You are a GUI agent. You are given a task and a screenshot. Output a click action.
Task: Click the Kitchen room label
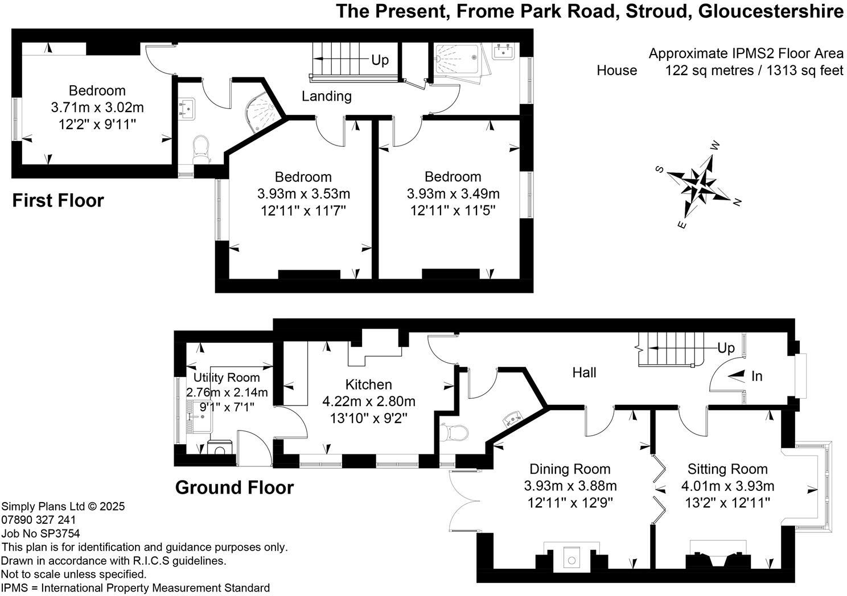(368, 385)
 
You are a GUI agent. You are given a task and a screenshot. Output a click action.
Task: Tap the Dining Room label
(570, 469)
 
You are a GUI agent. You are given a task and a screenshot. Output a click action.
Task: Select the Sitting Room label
(727, 469)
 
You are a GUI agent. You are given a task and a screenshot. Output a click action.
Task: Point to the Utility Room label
(227, 378)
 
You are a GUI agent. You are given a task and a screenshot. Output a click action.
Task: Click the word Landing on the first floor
(326, 96)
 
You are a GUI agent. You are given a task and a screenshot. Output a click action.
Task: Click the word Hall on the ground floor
(584, 372)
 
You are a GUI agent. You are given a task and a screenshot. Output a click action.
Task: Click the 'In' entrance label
(756, 376)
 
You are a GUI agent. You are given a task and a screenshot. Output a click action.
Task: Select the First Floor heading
(58, 201)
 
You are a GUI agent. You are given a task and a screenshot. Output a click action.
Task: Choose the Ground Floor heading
(234, 488)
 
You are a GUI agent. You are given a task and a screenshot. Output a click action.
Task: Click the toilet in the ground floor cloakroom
(455, 433)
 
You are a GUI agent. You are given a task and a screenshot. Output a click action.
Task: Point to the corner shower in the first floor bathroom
(264, 111)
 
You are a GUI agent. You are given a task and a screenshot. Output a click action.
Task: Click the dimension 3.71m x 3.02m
(97, 107)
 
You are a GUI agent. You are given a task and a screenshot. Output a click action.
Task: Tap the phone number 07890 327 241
(39, 520)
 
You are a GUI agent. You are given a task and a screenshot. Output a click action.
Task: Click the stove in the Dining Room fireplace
(571, 557)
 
